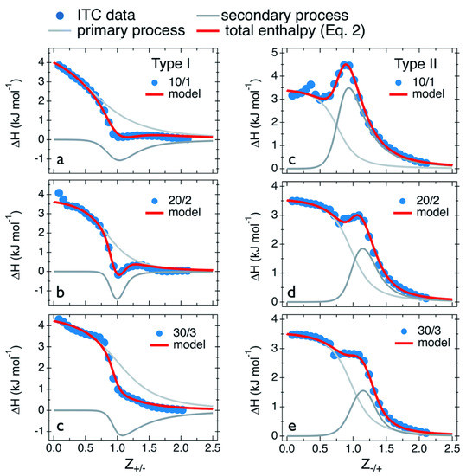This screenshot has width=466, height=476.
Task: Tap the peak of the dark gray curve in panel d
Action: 362,249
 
